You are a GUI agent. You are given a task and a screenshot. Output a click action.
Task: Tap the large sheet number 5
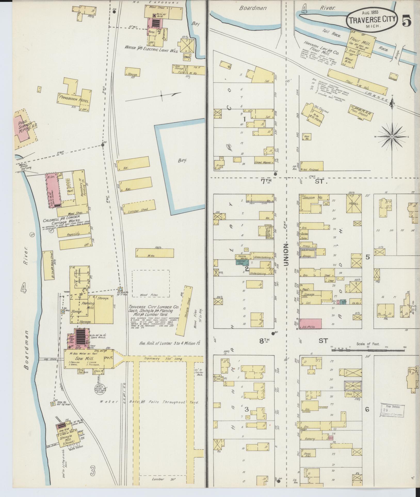(x=407, y=21)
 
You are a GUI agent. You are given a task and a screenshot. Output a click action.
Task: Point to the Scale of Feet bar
(x=368, y=350)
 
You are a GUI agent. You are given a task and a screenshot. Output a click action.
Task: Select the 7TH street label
(x=265, y=181)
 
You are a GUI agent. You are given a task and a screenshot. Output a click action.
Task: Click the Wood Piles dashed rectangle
(x=151, y=284)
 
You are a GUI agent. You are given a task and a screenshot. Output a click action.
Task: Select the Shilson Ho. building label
(x=310, y=198)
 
